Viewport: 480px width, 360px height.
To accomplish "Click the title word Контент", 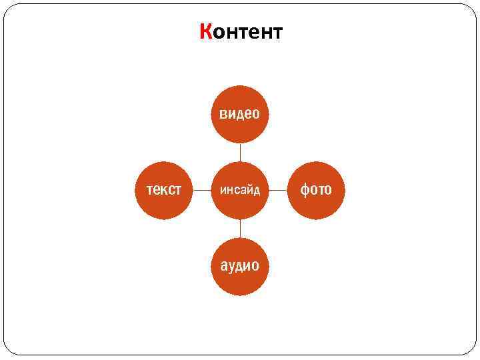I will pos(241,32).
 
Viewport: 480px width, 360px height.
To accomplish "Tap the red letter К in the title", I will pos(206,32).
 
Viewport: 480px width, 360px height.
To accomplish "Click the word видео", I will pos(240,114).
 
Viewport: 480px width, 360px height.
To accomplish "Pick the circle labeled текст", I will pos(164,190).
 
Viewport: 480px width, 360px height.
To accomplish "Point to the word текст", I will pos(164,190).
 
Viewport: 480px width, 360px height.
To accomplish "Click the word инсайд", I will pos(240,191).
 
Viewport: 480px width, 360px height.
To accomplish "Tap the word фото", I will pos(316,190).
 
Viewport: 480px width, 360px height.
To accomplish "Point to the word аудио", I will pos(240,266).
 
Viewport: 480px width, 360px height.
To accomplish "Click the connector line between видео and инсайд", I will pos(240,153).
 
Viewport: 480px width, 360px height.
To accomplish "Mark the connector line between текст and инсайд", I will pos(202,190).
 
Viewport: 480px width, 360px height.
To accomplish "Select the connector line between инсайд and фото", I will pos(278,190).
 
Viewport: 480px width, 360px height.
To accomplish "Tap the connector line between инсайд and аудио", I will pos(240,228).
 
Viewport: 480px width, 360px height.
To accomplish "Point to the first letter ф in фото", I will pos(305,191).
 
